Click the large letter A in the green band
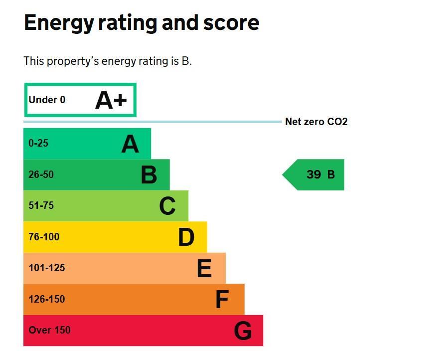(x=130, y=144)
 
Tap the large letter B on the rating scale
(x=149, y=175)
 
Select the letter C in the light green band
(x=167, y=206)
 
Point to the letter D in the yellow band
(x=186, y=237)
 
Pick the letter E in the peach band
(x=204, y=268)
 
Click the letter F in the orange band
(x=222, y=299)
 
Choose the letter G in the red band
(x=243, y=331)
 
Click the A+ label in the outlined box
(x=111, y=100)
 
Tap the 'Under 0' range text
(x=47, y=100)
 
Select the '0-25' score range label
(x=38, y=143)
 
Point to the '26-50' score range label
(x=41, y=174)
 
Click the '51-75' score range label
(x=41, y=205)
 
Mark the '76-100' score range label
(x=44, y=236)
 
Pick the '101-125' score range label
(x=47, y=268)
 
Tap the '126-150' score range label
(x=47, y=299)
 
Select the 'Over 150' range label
(x=49, y=330)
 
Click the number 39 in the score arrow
(x=314, y=175)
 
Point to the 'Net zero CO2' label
(x=316, y=122)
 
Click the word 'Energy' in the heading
(x=59, y=23)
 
